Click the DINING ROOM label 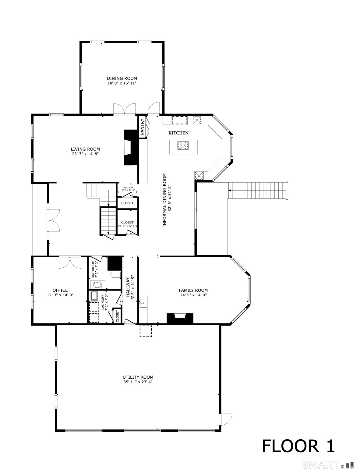(122, 78)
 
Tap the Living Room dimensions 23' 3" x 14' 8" (85, 154)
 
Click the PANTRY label (142, 127)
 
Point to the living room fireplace (130, 148)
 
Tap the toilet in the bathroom (115, 275)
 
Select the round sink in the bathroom (97, 285)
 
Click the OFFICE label (60, 290)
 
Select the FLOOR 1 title (298, 446)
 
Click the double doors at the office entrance (70, 262)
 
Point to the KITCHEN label (178, 133)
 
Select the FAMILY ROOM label (193, 290)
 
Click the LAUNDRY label (103, 302)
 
